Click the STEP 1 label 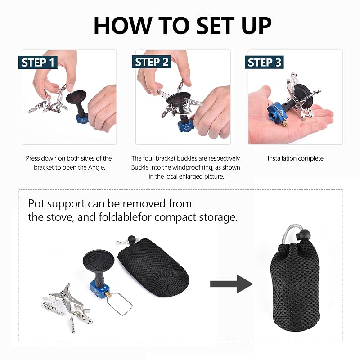tap(38, 62)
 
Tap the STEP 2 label tap(152, 62)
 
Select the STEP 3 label tap(264, 62)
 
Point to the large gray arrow tap(231, 284)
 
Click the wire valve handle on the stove tap(119, 303)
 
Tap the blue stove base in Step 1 tap(82, 119)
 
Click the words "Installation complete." tap(296, 158)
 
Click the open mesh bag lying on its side tap(153, 267)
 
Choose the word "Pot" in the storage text tap(36, 204)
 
